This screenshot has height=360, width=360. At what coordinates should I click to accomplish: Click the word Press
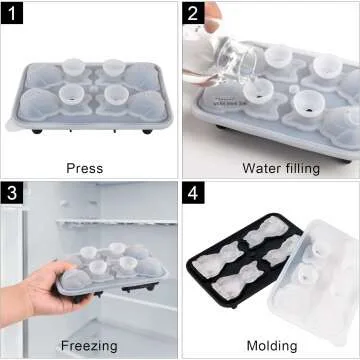click(84, 168)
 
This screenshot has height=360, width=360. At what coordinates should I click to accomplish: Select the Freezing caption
click(87, 345)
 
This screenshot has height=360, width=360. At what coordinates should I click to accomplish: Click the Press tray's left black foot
click(37, 131)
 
